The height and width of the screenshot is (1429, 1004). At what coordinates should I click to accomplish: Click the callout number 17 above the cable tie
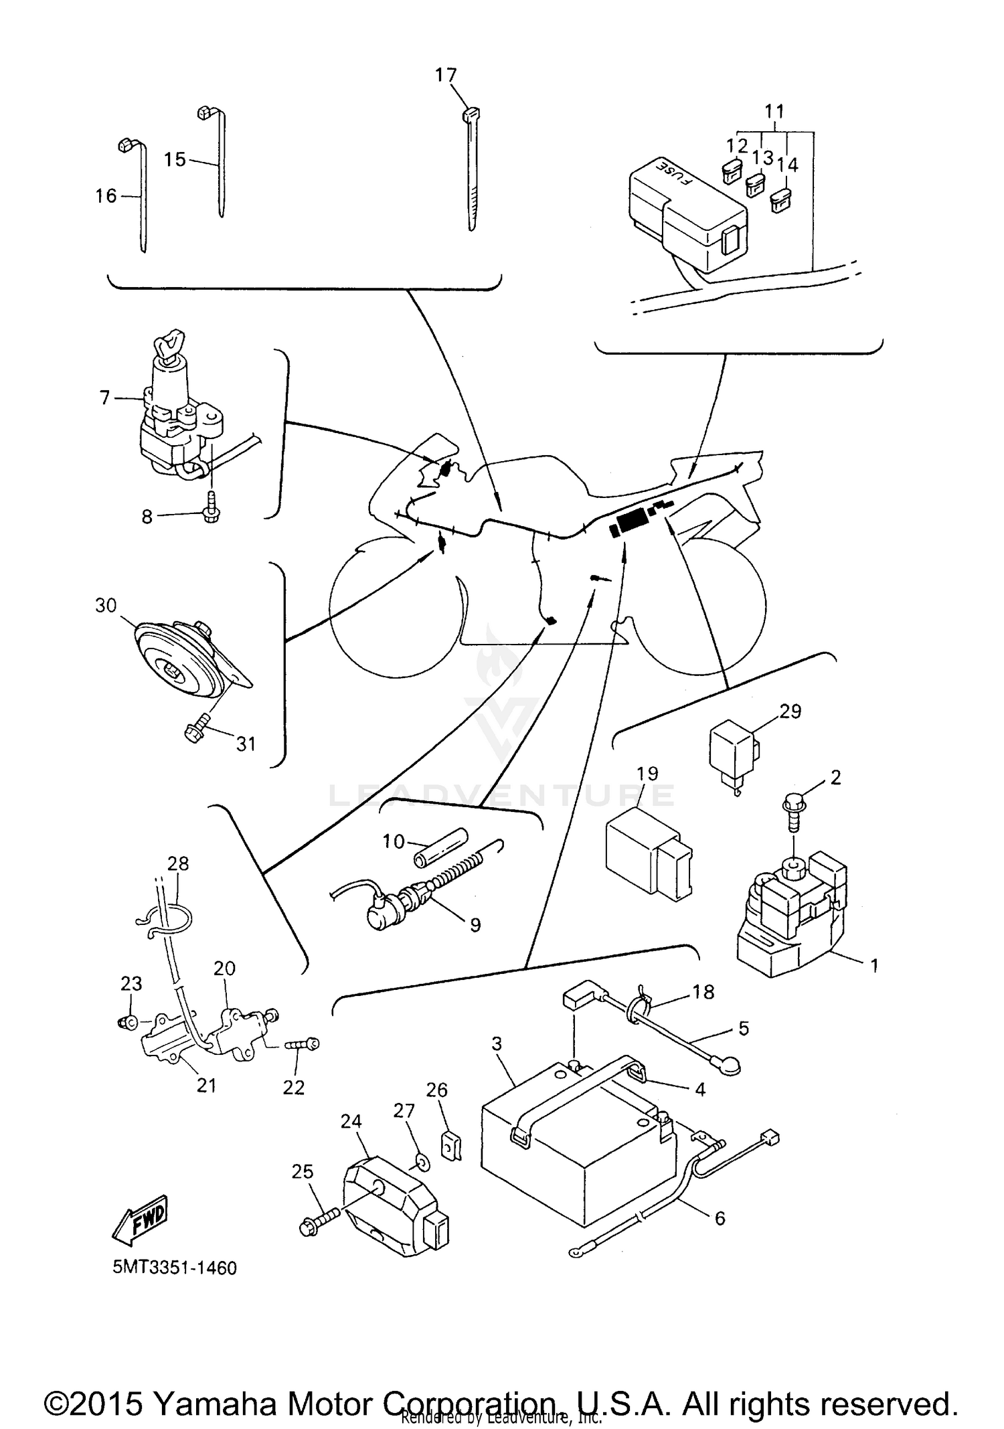[x=446, y=75]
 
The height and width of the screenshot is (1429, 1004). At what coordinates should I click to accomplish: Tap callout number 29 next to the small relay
[x=790, y=711]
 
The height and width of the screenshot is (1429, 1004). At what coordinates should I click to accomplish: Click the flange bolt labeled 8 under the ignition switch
[x=211, y=514]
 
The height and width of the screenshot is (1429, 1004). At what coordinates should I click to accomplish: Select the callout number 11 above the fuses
[x=774, y=111]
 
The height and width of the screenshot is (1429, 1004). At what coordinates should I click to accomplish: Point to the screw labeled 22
[x=303, y=1045]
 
